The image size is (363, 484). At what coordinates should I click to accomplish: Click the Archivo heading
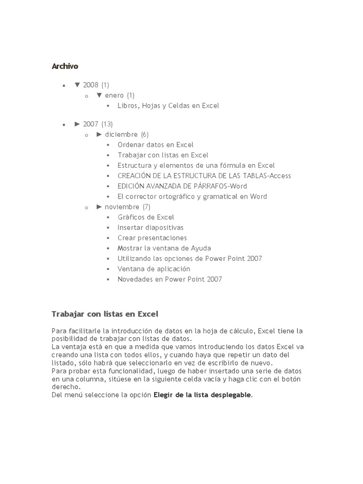pyautogui.click(x=65, y=66)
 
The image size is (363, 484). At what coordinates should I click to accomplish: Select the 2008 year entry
pyautogui.click(x=91, y=85)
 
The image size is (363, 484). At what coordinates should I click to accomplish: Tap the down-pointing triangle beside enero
pyautogui.click(x=99, y=95)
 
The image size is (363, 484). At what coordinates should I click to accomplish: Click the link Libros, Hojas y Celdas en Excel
pyautogui.click(x=168, y=106)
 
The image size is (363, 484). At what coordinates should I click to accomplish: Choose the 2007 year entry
pyautogui.click(x=91, y=124)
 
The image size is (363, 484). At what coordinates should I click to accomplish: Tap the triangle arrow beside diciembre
pyautogui.click(x=99, y=134)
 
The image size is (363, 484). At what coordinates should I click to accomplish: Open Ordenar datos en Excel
pyautogui.click(x=156, y=145)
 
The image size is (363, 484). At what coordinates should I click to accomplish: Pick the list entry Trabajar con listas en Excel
pyautogui.click(x=163, y=155)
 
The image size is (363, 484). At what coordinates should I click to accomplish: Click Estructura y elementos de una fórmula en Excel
pyautogui.click(x=196, y=165)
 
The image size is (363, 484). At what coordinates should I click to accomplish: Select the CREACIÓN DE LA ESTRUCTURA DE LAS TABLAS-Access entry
pyautogui.click(x=204, y=176)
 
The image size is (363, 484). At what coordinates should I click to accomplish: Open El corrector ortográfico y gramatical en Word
pyautogui.click(x=192, y=197)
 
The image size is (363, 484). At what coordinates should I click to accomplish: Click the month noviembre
pyautogui.click(x=122, y=207)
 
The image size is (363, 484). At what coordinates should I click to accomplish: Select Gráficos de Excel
pyautogui.click(x=146, y=217)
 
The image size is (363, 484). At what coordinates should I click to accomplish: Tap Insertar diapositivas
pyautogui.click(x=150, y=228)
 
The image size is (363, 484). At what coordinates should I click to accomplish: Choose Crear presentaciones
pyautogui.click(x=152, y=238)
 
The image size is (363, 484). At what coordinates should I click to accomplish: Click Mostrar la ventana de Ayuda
pyautogui.click(x=164, y=248)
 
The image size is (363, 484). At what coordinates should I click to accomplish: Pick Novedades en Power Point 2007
pyautogui.click(x=170, y=279)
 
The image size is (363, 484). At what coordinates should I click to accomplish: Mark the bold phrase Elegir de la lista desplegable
pyautogui.click(x=202, y=395)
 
